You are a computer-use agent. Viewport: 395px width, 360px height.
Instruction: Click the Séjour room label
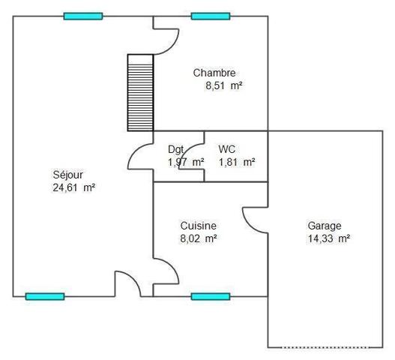[x=67, y=175]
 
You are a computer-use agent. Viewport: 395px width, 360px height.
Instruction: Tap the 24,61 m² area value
[x=73, y=187]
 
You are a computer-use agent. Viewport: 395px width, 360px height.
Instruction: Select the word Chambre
[x=214, y=73]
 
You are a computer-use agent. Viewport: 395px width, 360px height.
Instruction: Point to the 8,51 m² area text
[x=224, y=85]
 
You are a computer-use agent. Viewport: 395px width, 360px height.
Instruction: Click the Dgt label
[x=175, y=150]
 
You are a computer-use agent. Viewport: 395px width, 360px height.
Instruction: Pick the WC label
[x=226, y=149]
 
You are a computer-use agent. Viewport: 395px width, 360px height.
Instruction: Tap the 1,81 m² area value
[x=237, y=162]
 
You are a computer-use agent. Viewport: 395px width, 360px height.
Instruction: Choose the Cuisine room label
[x=199, y=226]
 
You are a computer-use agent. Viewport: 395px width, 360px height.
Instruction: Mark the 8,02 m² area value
[x=199, y=238]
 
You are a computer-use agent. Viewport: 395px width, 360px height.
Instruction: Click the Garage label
[x=325, y=226]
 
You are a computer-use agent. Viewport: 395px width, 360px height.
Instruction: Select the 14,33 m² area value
[x=329, y=238]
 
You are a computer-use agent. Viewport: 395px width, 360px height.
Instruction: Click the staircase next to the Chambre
[x=140, y=93]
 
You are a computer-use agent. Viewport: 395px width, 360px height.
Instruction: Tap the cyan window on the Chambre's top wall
[x=211, y=16]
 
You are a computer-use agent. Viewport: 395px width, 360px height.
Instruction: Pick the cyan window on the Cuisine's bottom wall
[x=211, y=296]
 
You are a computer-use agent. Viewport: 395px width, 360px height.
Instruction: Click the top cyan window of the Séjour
[x=83, y=16]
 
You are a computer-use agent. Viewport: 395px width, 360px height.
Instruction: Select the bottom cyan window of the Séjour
[x=45, y=296]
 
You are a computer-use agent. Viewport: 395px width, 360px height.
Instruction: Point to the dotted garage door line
[x=325, y=348]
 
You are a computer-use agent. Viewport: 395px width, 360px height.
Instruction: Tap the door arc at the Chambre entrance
[x=172, y=47]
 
